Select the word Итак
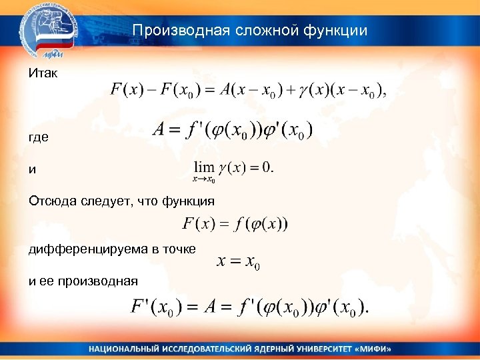pos(43,72)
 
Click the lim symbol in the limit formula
pos(204,167)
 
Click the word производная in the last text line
pos(97,281)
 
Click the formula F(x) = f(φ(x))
pos(235,224)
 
